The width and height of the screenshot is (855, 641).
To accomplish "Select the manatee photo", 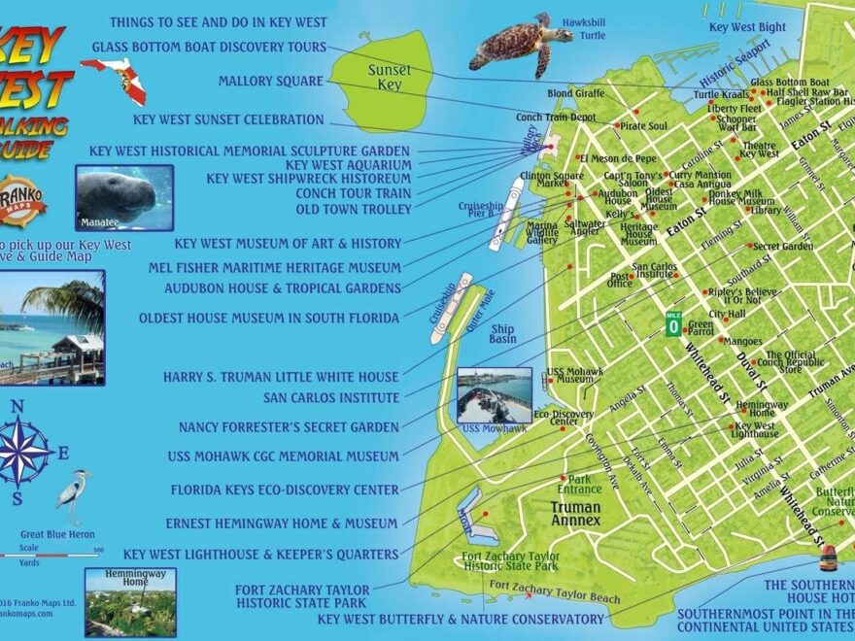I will (x=123, y=197).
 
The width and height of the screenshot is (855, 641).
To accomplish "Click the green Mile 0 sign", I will (x=672, y=324).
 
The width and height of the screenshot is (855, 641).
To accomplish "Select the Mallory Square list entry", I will (x=270, y=81).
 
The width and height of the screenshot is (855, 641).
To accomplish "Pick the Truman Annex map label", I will (x=577, y=514).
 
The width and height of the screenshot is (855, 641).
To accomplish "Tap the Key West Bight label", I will (x=747, y=27).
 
